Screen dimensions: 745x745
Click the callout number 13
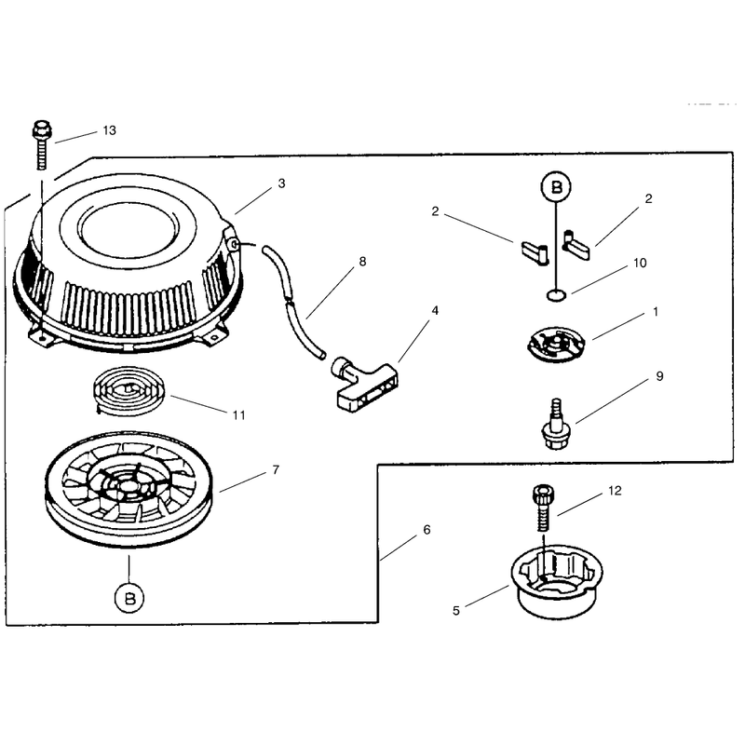coord(110,130)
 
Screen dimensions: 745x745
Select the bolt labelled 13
coord(42,145)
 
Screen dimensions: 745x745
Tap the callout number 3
coord(282,183)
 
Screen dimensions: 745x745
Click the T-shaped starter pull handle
coord(365,385)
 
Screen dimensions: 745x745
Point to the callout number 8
coord(362,262)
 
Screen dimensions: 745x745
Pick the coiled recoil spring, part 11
coord(129,391)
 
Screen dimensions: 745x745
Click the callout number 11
coord(239,415)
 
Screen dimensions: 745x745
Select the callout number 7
coord(276,469)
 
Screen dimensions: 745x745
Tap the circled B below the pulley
coord(129,598)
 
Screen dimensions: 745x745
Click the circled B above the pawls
coord(556,187)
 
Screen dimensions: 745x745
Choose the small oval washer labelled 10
coord(556,295)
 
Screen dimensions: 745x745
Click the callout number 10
coord(640,263)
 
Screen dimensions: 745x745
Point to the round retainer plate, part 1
coord(556,344)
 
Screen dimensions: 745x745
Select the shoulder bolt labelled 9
coord(555,425)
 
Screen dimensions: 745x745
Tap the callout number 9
coord(659,376)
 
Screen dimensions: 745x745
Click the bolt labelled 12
coord(544,508)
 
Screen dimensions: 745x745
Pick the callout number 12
coord(615,491)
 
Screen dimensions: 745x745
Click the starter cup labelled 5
coord(557,581)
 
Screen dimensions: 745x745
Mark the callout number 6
coord(427,530)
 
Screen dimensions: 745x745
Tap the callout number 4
coord(435,311)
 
